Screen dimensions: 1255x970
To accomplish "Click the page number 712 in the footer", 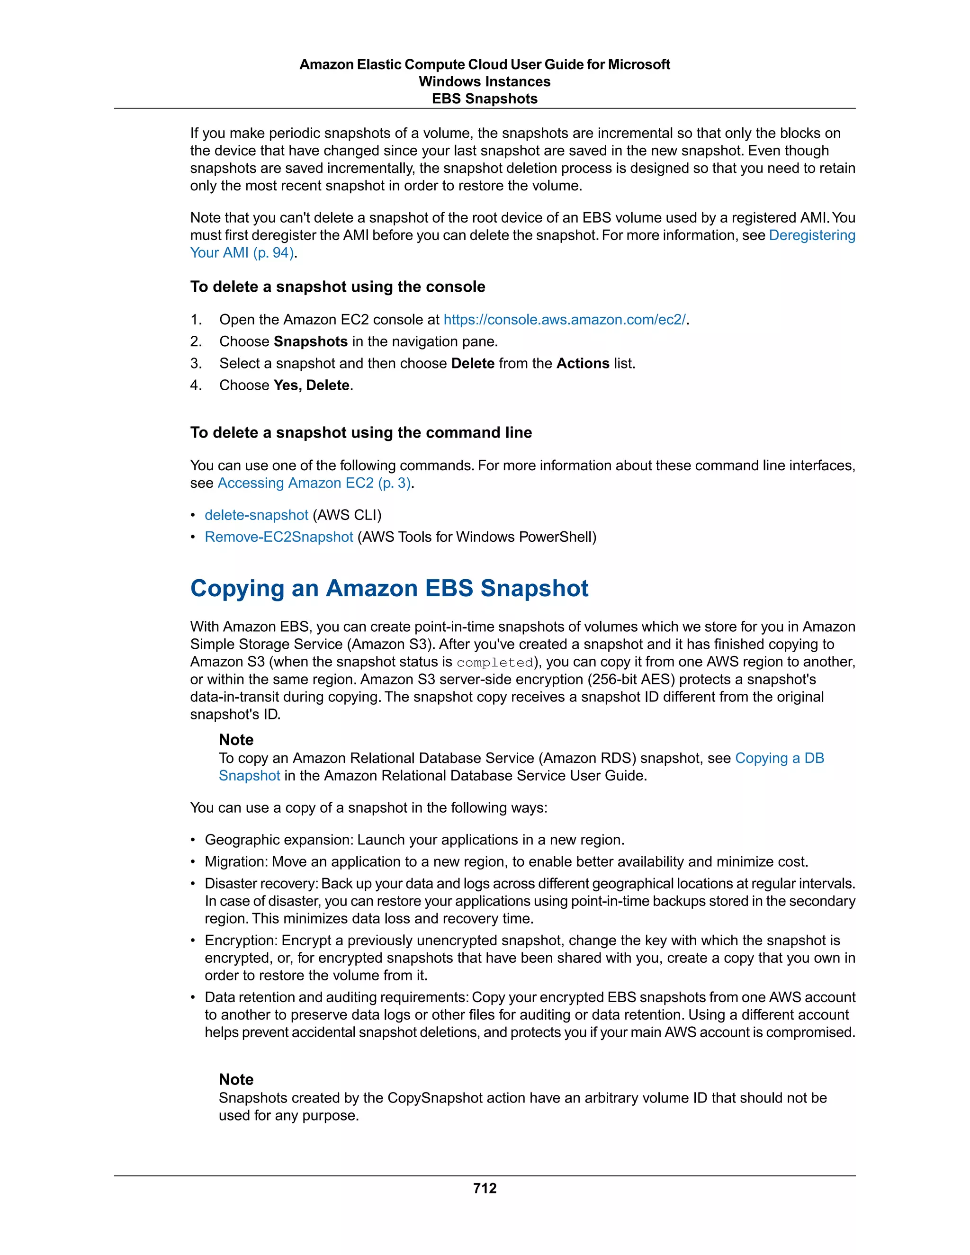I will [x=485, y=1188].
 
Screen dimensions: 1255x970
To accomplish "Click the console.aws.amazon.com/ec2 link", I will [x=564, y=320].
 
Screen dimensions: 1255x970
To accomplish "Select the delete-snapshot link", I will [x=256, y=515].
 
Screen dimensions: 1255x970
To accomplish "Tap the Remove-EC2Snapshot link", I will [x=278, y=537].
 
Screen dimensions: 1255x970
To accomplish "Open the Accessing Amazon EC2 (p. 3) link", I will [x=314, y=483].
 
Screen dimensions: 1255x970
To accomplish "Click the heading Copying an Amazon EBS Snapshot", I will [x=389, y=588].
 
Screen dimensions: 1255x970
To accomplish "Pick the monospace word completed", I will [x=495, y=663].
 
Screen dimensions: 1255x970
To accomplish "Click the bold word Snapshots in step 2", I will [x=310, y=341].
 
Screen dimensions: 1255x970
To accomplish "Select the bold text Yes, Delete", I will [x=312, y=385].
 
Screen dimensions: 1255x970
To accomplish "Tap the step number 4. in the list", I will [x=196, y=385].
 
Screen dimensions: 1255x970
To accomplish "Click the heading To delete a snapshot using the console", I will [x=337, y=287].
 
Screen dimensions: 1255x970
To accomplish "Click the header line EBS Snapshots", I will [x=485, y=99].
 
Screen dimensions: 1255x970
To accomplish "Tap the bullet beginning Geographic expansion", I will [x=414, y=840].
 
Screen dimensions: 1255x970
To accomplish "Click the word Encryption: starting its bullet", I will [x=242, y=940].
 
